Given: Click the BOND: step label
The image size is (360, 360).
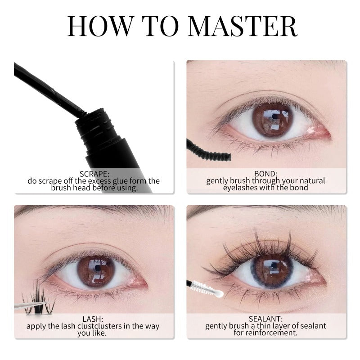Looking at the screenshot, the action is click(x=265, y=174).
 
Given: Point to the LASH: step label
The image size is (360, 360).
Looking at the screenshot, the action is click(x=93, y=319).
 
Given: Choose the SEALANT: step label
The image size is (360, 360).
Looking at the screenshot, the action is click(x=265, y=319).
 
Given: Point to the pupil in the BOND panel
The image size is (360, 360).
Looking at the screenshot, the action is click(x=273, y=118).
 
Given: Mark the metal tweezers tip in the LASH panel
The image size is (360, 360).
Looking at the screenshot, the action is click(x=46, y=303).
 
